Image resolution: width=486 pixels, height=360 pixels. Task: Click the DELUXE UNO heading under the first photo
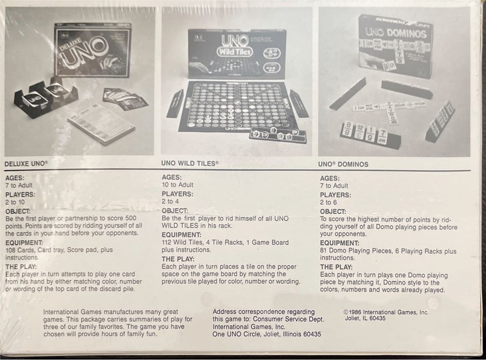pyautogui.click(x=26, y=164)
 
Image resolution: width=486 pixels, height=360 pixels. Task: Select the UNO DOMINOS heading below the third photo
pyautogui.click(x=343, y=164)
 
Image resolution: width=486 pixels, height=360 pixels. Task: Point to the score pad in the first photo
pyautogui.click(x=102, y=122)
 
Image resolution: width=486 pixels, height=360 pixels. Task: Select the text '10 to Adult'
pyautogui.click(x=177, y=185)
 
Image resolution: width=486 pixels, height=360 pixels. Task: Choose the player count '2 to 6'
pyautogui.click(x=329, y=202)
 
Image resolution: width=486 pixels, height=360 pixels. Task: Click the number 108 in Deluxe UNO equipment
pyautogui.click(x=11, y=250)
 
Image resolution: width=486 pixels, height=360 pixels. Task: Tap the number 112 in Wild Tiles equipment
pyautogui.click(x=168, y=242)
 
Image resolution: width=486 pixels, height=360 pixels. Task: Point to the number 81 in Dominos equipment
pyautogui.click(x=324, y=251)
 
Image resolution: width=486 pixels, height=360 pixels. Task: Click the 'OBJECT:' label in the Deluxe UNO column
pyautogui.click(x=19, y=211)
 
